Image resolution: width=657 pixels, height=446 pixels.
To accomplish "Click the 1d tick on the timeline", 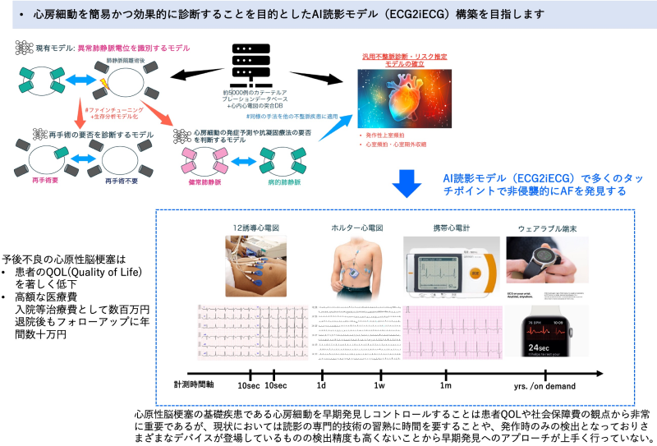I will (x=322, y=385).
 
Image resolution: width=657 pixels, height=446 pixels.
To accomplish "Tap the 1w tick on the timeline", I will (x=379, y=385).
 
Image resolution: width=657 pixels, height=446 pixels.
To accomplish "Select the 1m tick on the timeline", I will (x=445, y=385).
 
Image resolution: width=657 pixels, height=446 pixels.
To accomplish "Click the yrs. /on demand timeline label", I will (x=544, y=386).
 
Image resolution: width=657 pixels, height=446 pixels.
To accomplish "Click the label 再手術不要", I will (x=122, y=177).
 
